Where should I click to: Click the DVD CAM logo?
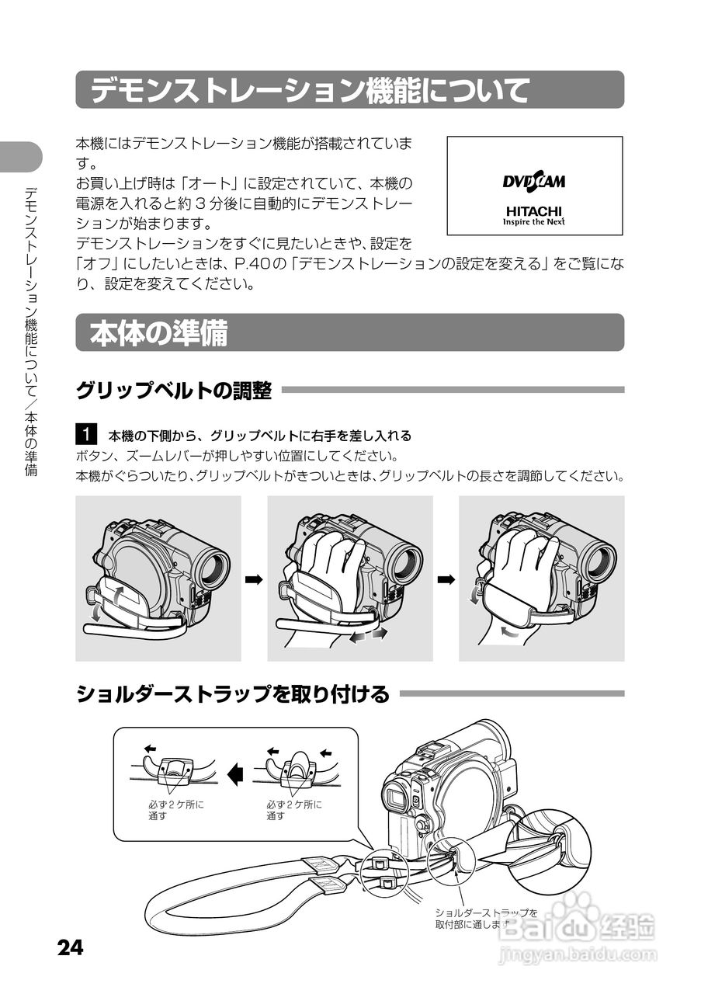[534, 182]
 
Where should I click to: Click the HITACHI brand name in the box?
[534, 210]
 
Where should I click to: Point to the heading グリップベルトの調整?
[173, 391]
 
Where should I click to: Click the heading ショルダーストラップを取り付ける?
[232, 693]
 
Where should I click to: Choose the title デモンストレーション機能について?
[309, 90]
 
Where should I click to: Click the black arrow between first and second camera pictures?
[254, 579]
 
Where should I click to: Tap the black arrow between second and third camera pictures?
[446, 579]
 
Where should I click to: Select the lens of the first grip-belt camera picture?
[213, 567]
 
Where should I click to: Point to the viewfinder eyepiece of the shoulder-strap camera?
[397, 797]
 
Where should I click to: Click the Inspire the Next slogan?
[534, 221]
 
